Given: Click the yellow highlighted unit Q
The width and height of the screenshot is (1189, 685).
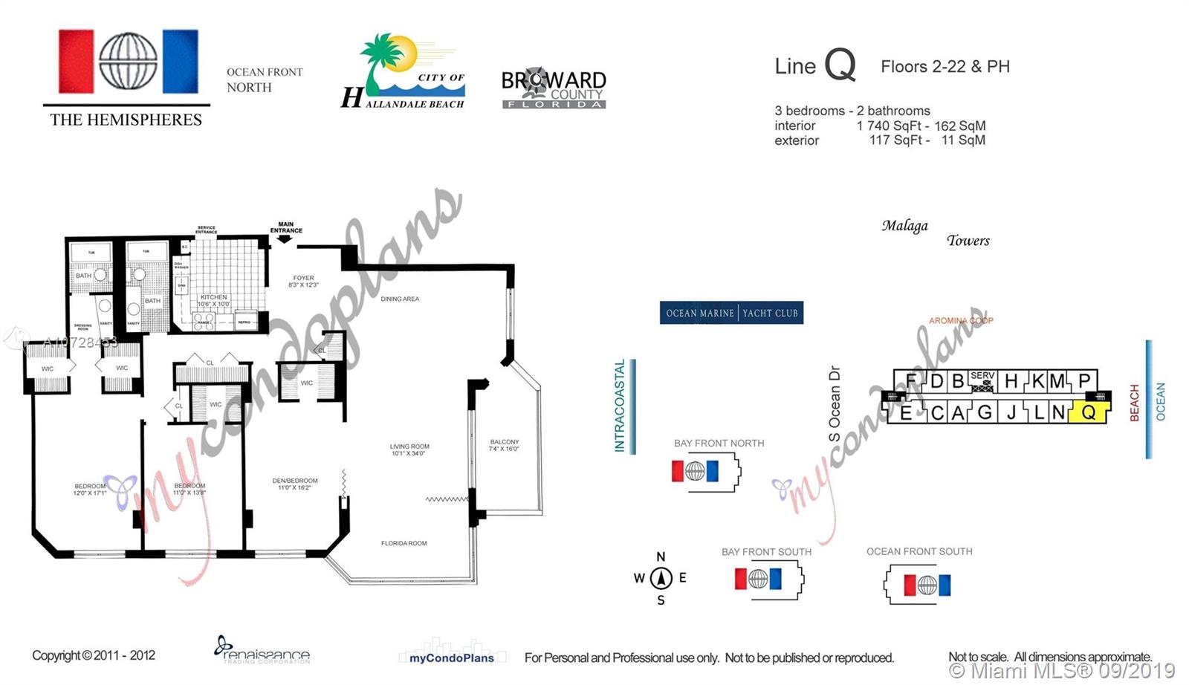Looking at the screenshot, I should click(x=1089, y=412).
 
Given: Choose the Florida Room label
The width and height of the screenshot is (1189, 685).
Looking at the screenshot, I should click(x=404, y=543).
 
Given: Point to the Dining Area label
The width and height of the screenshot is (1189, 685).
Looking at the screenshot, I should click(x=400, y=299).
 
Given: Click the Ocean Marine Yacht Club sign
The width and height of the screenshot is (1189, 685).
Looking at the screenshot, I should click(x=731, y=313).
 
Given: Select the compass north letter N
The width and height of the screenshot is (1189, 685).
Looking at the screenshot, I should click(x=661, y=556).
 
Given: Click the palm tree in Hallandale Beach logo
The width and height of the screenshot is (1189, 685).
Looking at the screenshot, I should click(x=380, y=59).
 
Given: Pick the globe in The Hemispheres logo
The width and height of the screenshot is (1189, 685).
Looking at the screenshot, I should click(x=128, y=62).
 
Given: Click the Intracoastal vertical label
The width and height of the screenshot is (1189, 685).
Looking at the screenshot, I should click(x=620, y=406).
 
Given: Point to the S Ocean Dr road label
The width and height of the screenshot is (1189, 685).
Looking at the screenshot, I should click(x=835, y=404).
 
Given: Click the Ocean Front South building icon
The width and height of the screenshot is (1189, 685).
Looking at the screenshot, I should click(x=919, y=585).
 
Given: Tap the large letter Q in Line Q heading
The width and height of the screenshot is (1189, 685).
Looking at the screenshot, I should click(x=840, y=65).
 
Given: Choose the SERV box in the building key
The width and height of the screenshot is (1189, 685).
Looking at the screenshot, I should click(x=982, y=381).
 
